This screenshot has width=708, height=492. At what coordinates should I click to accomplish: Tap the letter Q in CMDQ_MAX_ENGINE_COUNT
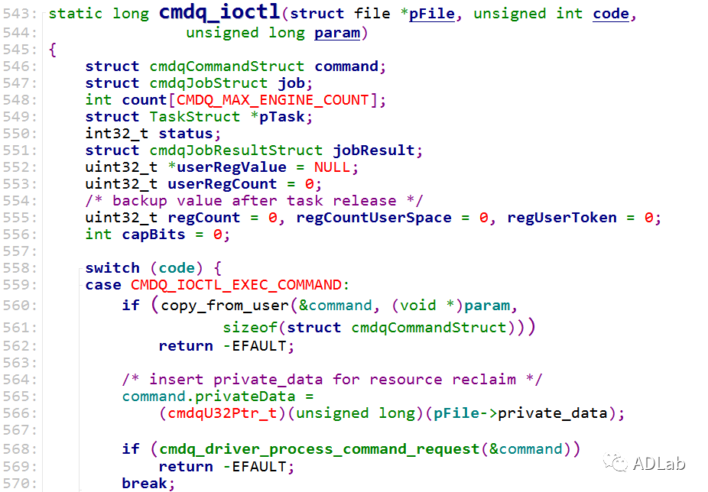213,100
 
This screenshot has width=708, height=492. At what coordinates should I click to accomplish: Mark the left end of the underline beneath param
315,40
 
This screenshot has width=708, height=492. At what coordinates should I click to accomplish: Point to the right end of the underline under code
629,21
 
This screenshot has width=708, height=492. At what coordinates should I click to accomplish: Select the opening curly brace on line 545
53,50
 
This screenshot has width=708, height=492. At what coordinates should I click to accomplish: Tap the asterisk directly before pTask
254,115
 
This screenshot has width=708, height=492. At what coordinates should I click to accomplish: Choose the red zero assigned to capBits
218,235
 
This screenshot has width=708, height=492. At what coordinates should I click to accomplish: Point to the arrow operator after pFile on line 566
488,413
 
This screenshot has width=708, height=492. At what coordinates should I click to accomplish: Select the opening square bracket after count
171,100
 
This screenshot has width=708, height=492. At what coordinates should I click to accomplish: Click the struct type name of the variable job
209,83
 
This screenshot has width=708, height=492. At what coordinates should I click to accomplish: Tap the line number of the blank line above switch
19,251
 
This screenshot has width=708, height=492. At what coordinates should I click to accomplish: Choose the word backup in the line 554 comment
139,201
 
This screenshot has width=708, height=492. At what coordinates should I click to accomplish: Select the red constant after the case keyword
236,285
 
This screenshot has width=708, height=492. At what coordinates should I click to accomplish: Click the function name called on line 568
320,449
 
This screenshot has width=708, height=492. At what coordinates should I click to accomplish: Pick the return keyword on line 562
186,346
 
